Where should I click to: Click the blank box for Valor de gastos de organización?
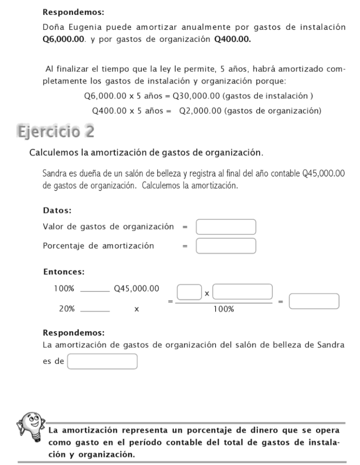226,227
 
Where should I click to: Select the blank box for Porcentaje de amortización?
226,246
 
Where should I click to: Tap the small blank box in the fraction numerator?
189,292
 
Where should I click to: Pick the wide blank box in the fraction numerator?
242,292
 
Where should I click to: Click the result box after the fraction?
314,302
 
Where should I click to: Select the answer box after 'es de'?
102,361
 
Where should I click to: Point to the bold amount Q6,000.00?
63,40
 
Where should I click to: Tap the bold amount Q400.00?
232,40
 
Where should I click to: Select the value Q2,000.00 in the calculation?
200,110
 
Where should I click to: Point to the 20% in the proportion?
67,308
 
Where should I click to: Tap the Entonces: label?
63,272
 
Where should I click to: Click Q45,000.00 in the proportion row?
137,288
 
